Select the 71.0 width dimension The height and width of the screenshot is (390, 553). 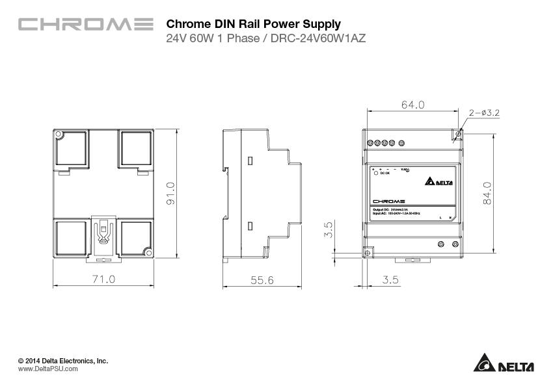coord(103,279)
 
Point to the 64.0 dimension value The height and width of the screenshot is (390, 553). coord(412,105)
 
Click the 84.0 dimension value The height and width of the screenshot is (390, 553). coord(487,194)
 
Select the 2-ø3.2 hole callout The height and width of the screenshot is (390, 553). coord(484,113)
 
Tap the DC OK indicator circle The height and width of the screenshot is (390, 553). coord(375,174)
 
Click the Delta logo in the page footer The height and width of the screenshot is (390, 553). coord(504,364)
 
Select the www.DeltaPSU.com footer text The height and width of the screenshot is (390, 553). coord(48,369)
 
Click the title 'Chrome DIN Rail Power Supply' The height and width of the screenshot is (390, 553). coord(254,24)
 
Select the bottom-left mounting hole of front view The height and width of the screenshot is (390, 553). coord(367,253)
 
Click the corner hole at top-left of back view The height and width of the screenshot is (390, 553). coord(59,135)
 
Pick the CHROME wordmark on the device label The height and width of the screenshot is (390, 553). coord(390,201)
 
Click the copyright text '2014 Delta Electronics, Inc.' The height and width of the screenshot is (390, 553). coord(63,360)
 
